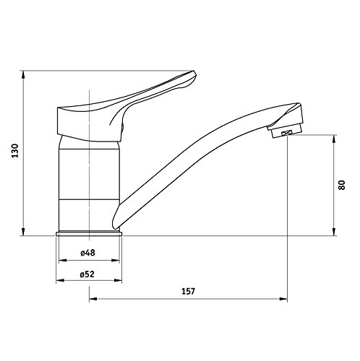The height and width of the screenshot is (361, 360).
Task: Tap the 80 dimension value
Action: pyautogui.click(x=340, y=184)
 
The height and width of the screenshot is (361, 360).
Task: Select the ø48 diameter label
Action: pyautogui.click(x=88, y=253)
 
